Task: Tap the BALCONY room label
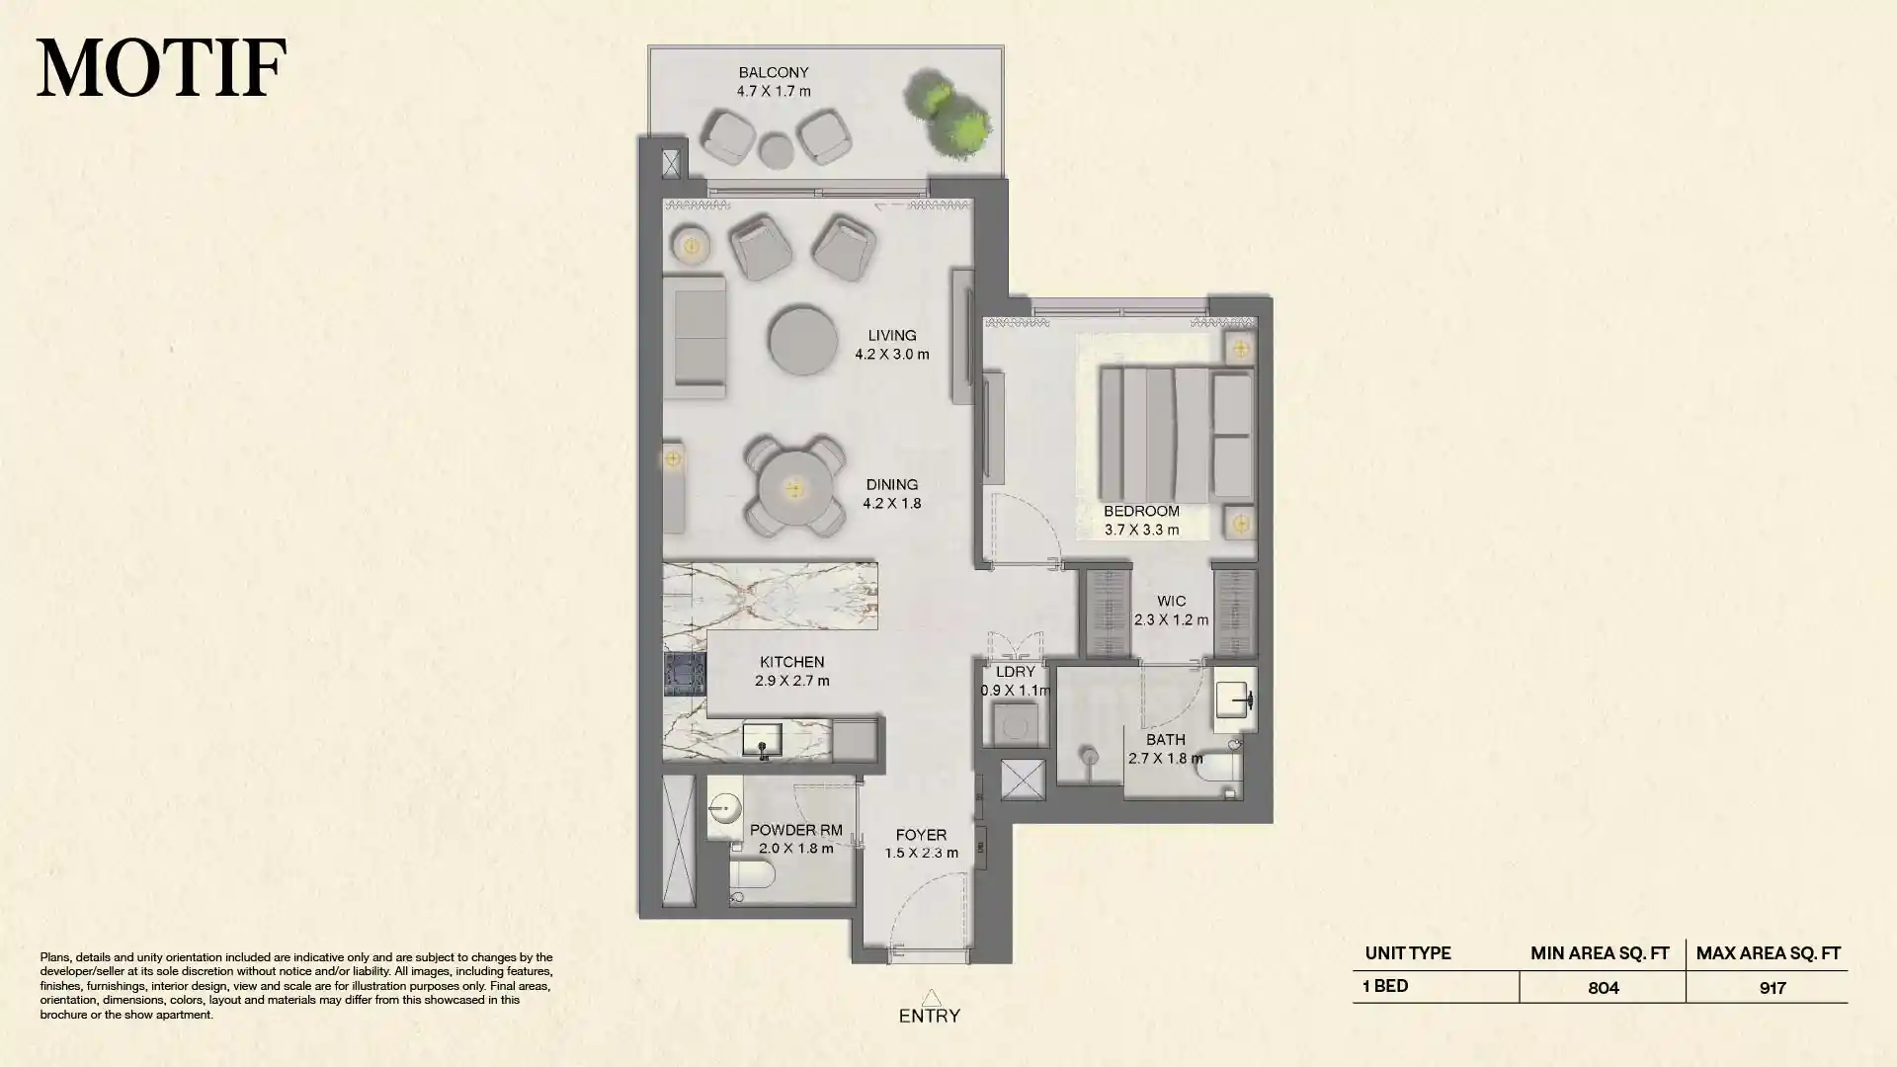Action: pyautogui.click(x=774, y=73)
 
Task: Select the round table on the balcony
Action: pyautogui.click(x=776, y=151)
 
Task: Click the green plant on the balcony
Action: pyautogui.click(x=947, y=112)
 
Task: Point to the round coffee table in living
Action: pyautogui.click(x=802, y=341)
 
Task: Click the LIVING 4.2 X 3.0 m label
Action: pyautogui.click(x=891, y=345)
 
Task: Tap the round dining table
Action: pyautogui.click(x=794, y=490)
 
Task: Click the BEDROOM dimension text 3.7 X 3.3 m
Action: pyautogui.click(x=1141, y=531)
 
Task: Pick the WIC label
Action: pyautogui.click(x=1171, y=602)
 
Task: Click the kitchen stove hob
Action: pyautogui.click(x=684, y=675)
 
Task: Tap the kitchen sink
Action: pyautogui.click(x=762, y=740)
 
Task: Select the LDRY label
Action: pyautogui.click(x=1015, y=672)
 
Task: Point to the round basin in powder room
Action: pyautogui.click(x=724, y=810)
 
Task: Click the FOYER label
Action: pyautogui.click(x=921, y=836)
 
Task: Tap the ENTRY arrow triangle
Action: pyautogui.click(x=930, y=998)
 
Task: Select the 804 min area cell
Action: pyautogui.click(x=1603, y=987)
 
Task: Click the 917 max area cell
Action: pyautogui.click(x=1772, y=987)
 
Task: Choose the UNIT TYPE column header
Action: pyautogui.click(x=1407, y=953)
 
